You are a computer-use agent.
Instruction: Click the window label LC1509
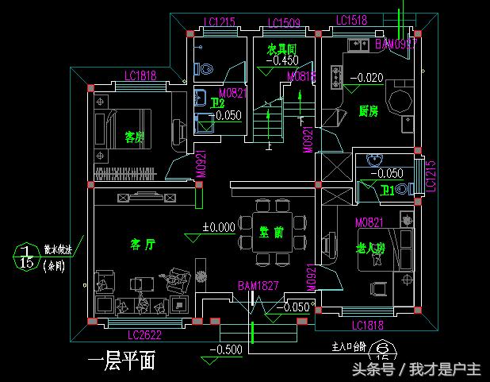[x=283, y=22]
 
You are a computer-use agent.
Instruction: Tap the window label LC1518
[x=351, y=21]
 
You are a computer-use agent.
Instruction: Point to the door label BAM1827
[x=258, y=285]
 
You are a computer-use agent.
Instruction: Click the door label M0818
[x=301, y=77]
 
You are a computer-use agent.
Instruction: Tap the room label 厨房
[x=368, y=111]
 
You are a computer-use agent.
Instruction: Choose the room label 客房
[x=135, y=137]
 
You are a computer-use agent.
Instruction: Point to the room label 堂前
[x=271, y=232]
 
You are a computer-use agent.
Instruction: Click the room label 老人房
[x=370, y=249]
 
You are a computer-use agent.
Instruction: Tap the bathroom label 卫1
[x=388, y=190]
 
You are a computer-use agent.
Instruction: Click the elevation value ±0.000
[x=219, y=226]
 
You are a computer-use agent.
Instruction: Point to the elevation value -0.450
[x=283, y=60]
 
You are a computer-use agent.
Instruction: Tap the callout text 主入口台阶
[x=349, y=347]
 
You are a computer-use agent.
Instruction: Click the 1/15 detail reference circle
[x=26, y=256]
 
